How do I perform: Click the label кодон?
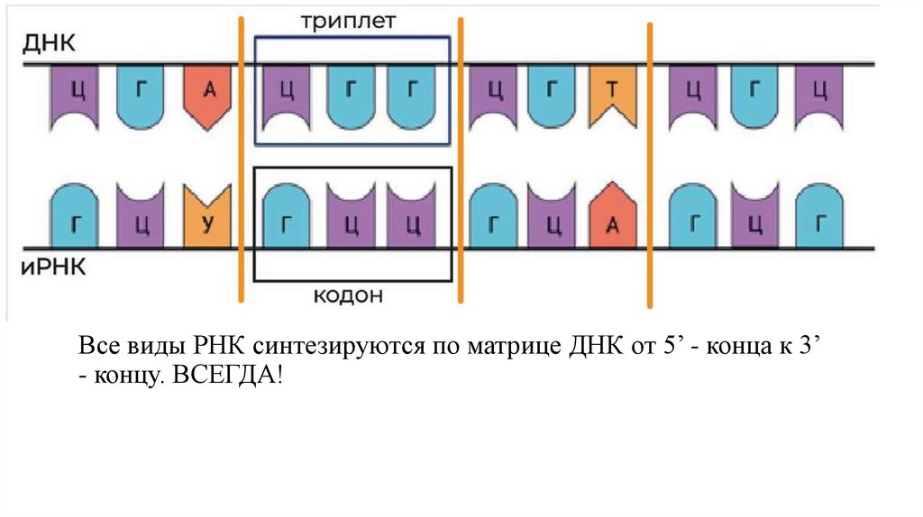click(x=349, y=295)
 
